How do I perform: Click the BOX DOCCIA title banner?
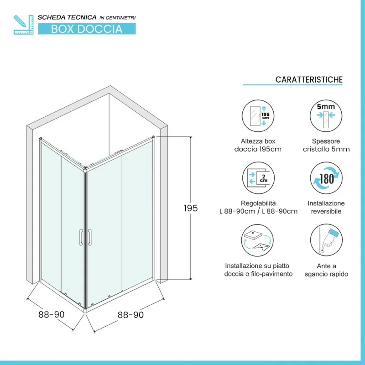(x=87, y=29)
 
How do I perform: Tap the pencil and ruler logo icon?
(x=24, y=25)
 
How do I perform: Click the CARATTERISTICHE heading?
(x=309, y=79)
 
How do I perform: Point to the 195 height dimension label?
(x=190, y=208)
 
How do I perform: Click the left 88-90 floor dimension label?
(x=52, y=314)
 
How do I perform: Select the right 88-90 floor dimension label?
(x=130, y=315)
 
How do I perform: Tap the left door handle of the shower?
(x=81, y=237)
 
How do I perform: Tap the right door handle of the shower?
(x=89, y=237)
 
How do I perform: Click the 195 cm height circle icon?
(x=258, y=116)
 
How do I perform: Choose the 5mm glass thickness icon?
(x=326, y=116)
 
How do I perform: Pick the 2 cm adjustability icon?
(x=258, y=178)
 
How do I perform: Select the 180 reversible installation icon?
(x=326, y=178)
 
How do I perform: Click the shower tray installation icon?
(x=257, y=240)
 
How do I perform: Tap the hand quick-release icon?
(x=326, y=240)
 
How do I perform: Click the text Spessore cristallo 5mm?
(x=326, y=145)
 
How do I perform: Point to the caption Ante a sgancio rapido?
(x=326, y=270)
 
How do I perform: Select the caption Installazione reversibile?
(x=326, y=207)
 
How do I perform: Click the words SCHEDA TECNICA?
(x=67, y=17)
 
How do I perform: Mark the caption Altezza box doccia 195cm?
(x=258, y=145)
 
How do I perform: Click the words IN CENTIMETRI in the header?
(x=118, y=18)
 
